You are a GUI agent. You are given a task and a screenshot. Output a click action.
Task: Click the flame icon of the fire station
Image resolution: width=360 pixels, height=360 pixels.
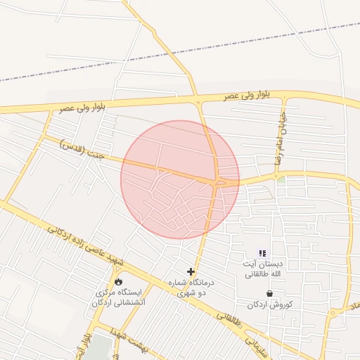point(117,280)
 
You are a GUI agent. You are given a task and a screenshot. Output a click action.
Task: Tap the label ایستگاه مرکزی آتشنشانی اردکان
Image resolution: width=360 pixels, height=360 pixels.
point(119,297)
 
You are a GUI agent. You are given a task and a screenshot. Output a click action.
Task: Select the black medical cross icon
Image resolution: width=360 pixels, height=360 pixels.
point(191,271)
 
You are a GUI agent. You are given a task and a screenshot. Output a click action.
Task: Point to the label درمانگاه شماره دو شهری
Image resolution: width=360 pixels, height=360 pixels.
point(191,287)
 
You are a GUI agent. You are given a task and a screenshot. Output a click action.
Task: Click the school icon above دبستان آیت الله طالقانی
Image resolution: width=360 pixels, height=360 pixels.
point(262,253)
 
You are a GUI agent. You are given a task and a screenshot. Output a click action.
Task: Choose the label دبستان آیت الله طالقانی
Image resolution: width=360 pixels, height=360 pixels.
point(262,269)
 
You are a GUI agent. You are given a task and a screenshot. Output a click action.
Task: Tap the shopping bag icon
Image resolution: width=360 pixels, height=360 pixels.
point(269,293)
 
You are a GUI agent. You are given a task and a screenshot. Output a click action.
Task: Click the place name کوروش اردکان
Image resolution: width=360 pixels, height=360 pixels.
point(269,305)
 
